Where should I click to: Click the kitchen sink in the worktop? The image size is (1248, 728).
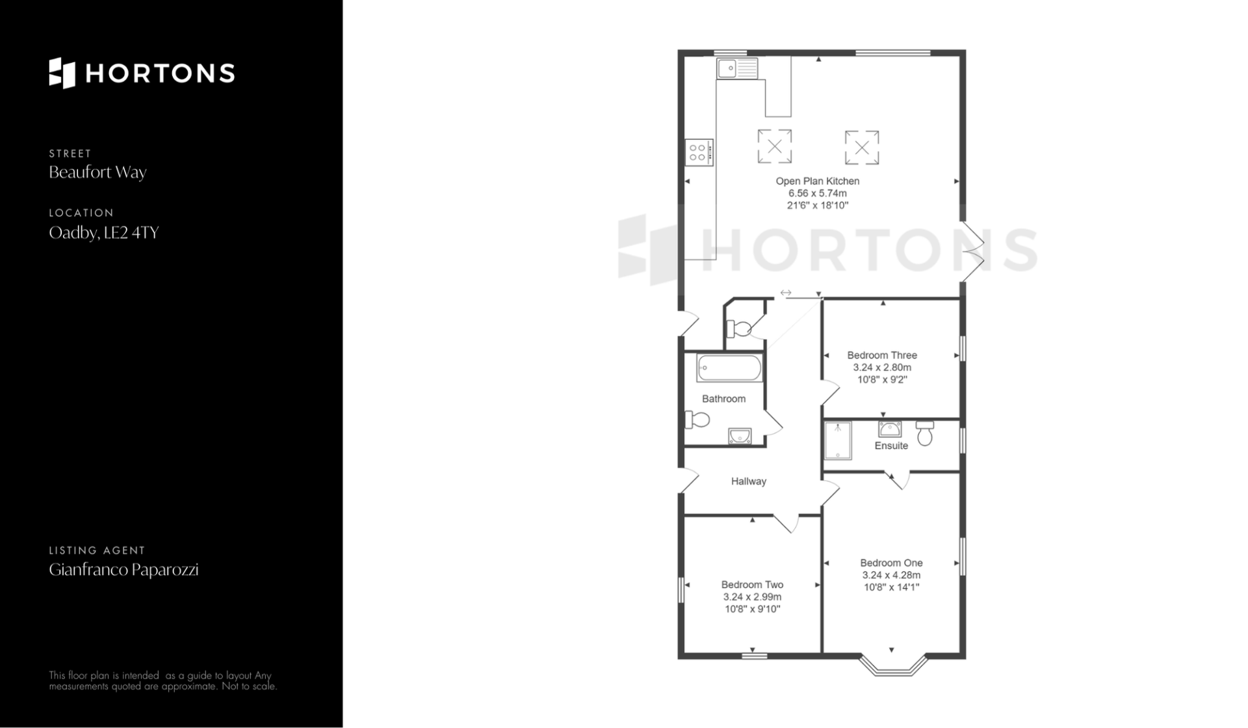[x=737, y=68]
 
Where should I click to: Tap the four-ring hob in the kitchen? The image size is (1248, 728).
[x=699, y=153]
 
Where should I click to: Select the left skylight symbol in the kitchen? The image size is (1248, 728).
[x=774, y=146]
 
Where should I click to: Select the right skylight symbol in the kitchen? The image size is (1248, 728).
[x=862, y=147]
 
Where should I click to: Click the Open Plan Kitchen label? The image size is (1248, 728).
[x=817, y=181]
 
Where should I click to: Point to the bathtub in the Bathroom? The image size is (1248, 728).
[x=729, y=368]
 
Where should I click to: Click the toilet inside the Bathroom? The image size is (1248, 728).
[x=697, y=420]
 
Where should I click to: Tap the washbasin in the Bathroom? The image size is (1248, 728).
[x=740, y=436]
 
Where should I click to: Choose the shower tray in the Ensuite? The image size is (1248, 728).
[x=838, y=440]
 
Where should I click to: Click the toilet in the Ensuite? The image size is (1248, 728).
[x=925, y=433]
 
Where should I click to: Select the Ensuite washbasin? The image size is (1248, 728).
[x=890, y=429]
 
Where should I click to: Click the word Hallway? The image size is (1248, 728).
[x=749, y=481]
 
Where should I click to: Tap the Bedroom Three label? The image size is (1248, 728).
[x=882, y=355]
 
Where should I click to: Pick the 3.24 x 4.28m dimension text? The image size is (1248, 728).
[x=891, y=575]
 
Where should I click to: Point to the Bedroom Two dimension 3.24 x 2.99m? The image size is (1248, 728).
[x=752, y=597]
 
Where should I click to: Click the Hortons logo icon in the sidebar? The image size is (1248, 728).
[x=62, y=73]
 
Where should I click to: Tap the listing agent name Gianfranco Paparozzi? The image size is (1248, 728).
[x=123, y=570]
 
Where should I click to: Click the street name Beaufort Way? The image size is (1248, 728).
[x=97, y=172]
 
